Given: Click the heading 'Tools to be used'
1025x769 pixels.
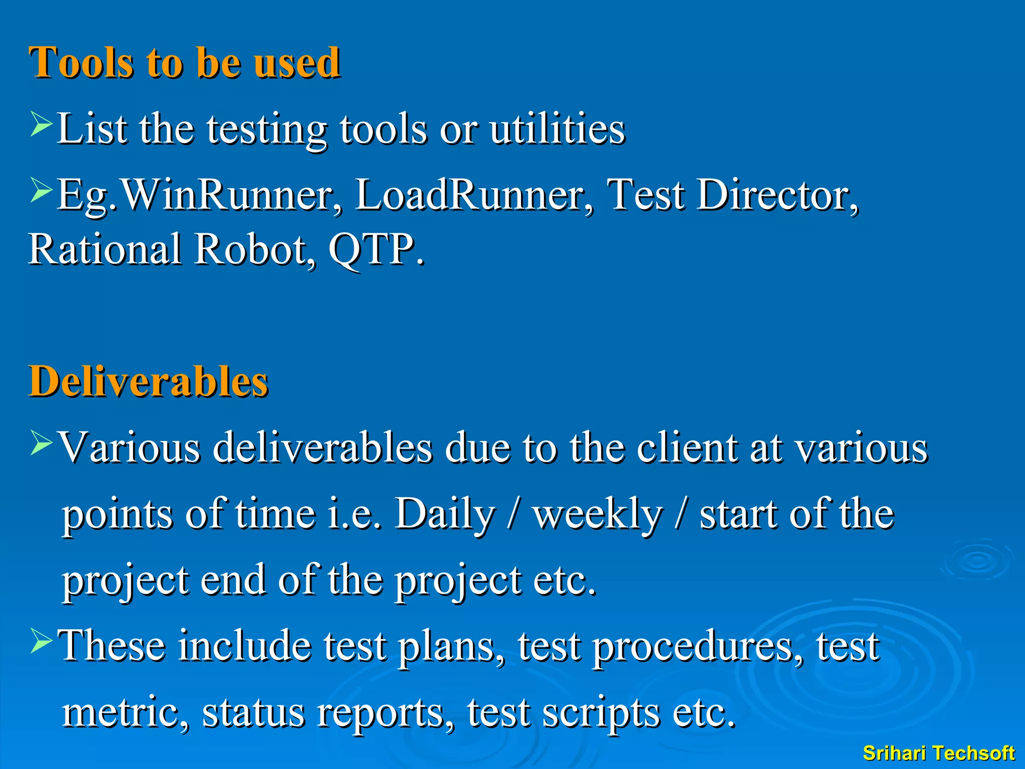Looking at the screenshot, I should (x=184, y=63).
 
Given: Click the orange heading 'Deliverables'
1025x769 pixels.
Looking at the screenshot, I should (x=148, y=381).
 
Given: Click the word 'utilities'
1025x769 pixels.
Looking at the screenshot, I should (x=557, y=129).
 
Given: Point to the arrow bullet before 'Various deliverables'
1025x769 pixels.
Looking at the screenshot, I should (x=41, y=443).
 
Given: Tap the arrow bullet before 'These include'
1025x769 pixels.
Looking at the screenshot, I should (x=41, y=641).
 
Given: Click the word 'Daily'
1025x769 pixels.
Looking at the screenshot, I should (x=444, y=514).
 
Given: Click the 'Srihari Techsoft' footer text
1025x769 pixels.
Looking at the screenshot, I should (x=938, y=753).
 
